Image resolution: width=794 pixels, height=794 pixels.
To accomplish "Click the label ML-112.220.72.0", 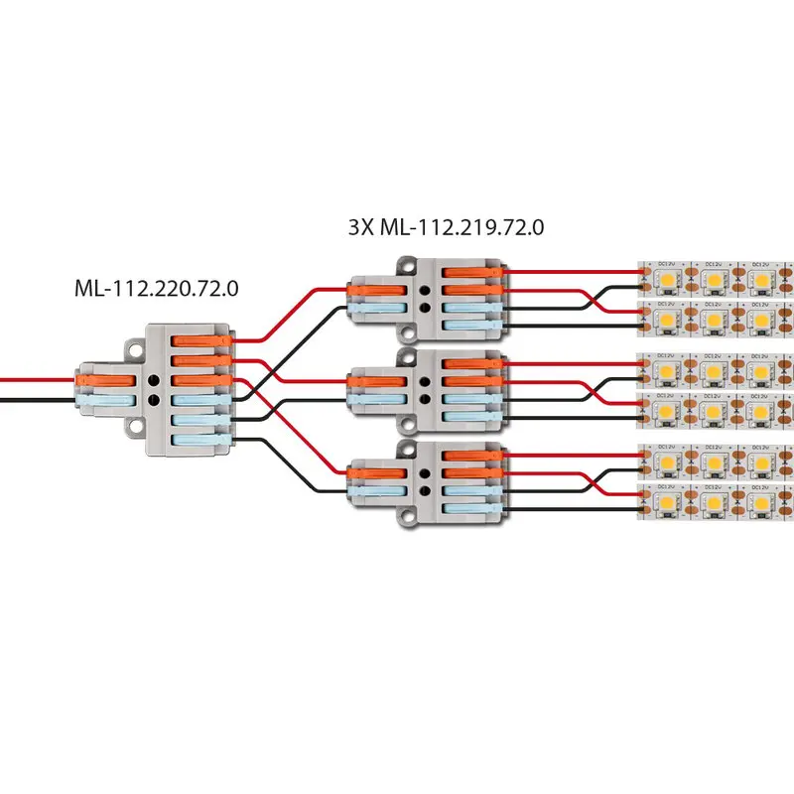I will click(158, 289).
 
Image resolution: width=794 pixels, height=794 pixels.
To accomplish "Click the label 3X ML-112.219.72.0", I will click(446, 226).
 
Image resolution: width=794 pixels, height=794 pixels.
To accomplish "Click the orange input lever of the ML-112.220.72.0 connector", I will click(99, 379).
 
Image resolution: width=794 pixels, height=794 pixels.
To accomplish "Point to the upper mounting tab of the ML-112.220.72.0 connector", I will click(133, 348).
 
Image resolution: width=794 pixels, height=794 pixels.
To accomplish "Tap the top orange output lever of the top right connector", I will click(473, 271).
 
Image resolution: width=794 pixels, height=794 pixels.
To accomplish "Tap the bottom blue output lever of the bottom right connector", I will click(473, 508).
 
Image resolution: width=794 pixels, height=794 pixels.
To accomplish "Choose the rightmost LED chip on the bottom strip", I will click(761, 507).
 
